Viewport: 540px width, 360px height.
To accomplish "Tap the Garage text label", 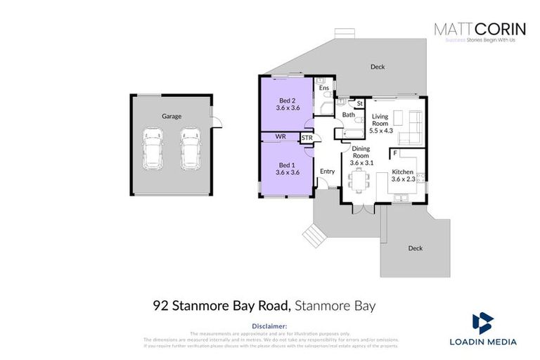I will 172,116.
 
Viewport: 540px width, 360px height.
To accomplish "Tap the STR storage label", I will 307,139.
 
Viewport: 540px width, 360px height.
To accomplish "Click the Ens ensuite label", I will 323,88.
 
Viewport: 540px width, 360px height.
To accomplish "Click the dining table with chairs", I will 359,182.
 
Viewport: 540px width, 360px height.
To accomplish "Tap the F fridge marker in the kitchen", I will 395,153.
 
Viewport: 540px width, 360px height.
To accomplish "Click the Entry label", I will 327,171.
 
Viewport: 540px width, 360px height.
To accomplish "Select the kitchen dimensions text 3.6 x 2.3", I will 403,180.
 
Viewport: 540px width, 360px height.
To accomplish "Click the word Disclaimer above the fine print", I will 269,326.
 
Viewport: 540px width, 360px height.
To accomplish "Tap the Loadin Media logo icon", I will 482,322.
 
